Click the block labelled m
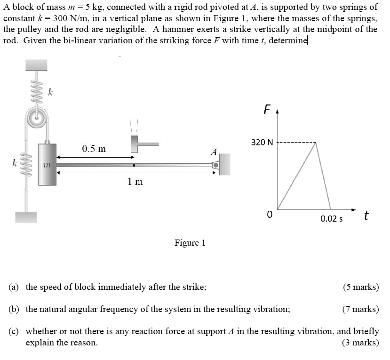pos(47,165)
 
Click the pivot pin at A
pos(215,165)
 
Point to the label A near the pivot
pos(214,152)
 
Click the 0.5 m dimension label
pos(94,149)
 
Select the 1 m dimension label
pos(135,182)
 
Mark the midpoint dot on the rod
pos(135,165)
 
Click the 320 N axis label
pos(262,142)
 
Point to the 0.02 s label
pos(332,219)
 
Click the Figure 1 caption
pos(190,243)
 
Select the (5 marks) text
pos(361,287)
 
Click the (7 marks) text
pos(361,309)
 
